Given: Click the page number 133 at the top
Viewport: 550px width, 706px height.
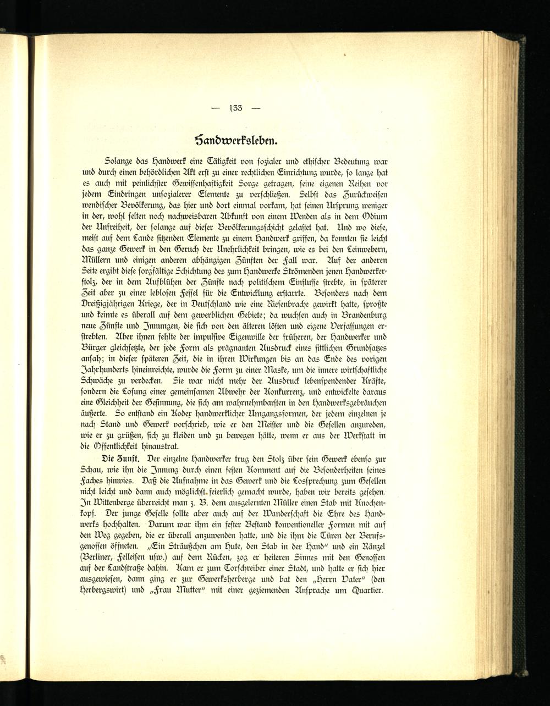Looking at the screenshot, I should click(x=235, y=107).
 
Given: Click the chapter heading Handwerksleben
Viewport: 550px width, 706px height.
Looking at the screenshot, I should click(x=235, y=136).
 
